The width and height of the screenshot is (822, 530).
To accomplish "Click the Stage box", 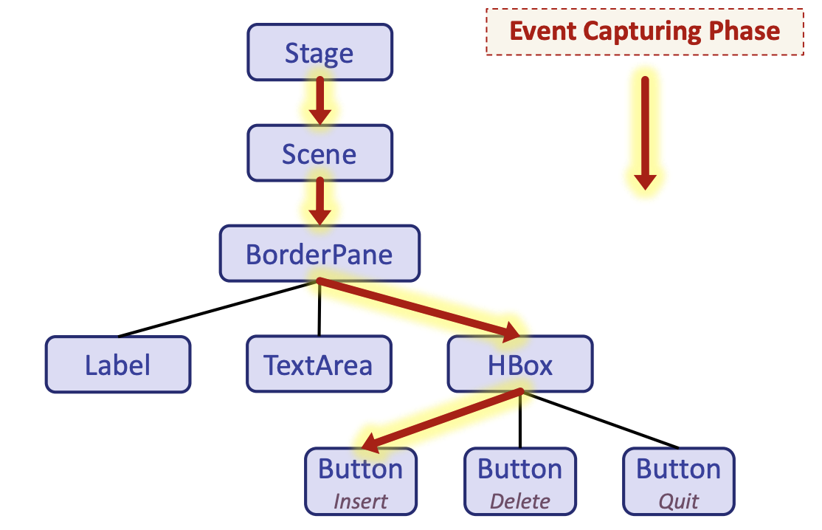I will (x=320, y=52).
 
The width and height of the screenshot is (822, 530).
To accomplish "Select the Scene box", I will (x=320, y=154).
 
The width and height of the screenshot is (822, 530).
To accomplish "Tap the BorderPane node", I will (x=320, y=254).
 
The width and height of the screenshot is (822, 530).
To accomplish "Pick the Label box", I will (x=118, y=365).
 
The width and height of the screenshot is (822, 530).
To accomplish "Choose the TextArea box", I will (x=319, y=365).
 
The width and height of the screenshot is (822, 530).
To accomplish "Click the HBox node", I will (x=520, y=365).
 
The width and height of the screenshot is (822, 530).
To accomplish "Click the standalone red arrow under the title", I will (x=645, y=133).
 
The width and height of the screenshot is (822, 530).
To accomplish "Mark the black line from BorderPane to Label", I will (x=221, y=309).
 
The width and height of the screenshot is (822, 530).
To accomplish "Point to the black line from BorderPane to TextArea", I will (x=319, y=310).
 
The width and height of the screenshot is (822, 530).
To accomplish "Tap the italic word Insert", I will (x=361, y=501).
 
